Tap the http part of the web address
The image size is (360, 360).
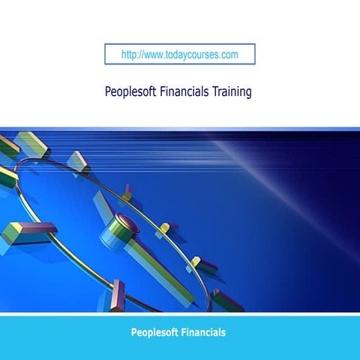coord(129,55)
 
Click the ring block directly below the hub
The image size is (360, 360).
coord(118,294)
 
